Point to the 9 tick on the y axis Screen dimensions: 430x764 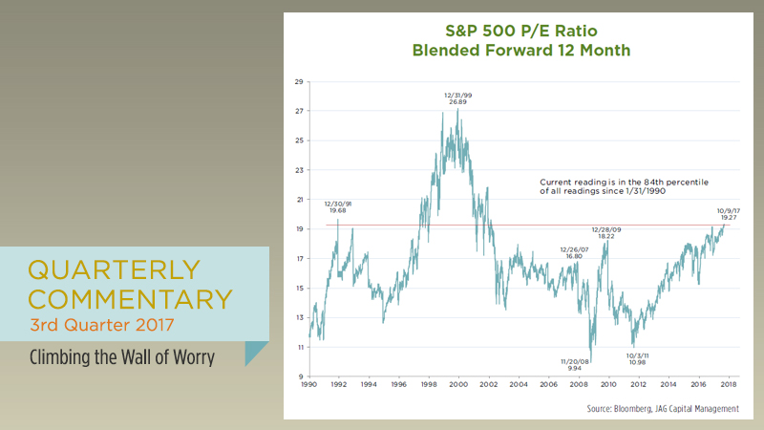coord(301,376)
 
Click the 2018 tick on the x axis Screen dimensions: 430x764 coord(728,387)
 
